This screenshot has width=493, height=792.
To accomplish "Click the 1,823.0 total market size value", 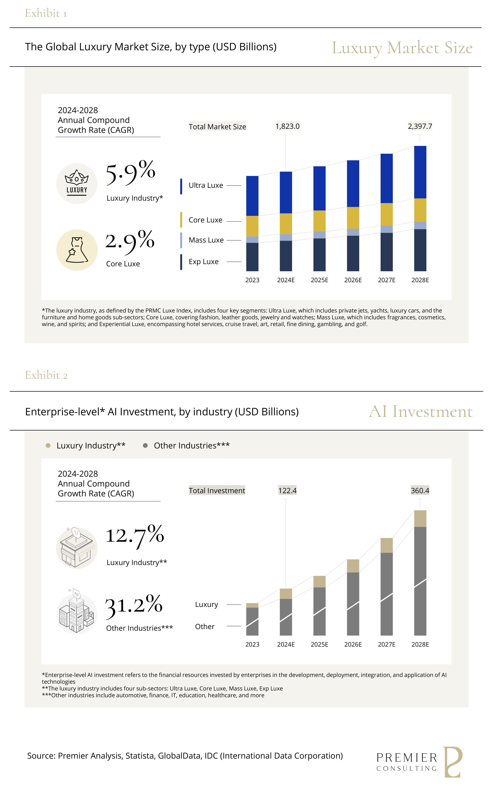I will [x=287, y=126].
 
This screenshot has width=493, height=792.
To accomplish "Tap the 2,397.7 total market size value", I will [x=420, y=126].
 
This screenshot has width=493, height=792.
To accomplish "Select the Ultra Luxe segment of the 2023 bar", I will [x=252, y=196].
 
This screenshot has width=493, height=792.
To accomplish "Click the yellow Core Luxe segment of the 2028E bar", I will [x=420, y=210].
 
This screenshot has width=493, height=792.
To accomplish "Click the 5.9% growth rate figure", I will [x=130, y=173].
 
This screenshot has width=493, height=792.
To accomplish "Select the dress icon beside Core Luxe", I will [x=77, y=250].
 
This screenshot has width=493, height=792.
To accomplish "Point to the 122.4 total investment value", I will [x=287, y=491].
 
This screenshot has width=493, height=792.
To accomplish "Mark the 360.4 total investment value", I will [x=420, y=491].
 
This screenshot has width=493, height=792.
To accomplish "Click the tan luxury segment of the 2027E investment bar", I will [x=386, y=545].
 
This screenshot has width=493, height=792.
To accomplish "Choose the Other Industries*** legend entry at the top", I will [x=191, y=446].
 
